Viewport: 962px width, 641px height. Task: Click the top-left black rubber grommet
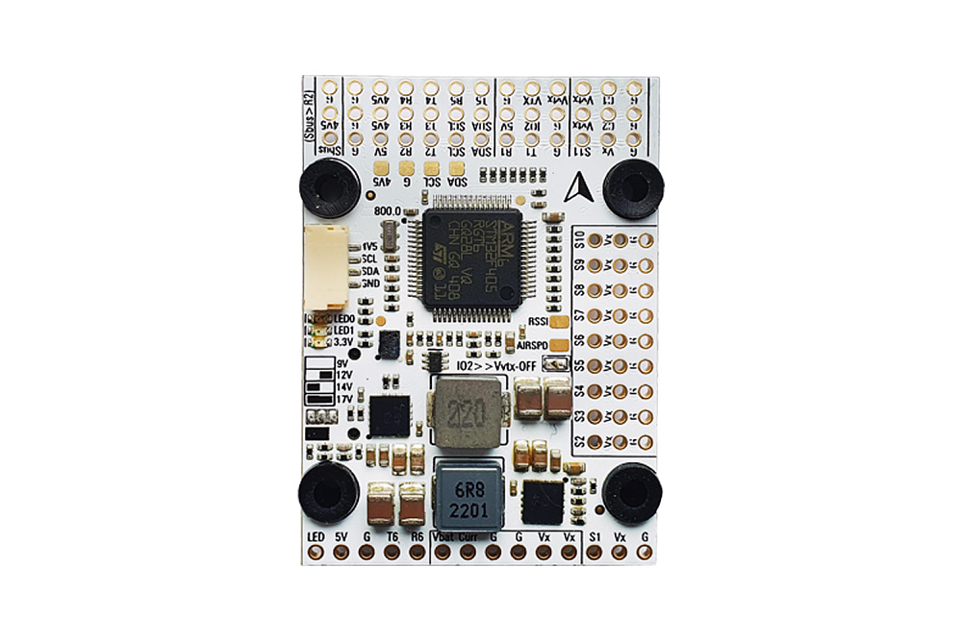click(x=329, y=187)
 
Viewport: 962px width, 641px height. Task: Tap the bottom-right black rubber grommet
click(x=632, y=492)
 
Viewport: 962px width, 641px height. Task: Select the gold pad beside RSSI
click(x=563, y=321)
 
